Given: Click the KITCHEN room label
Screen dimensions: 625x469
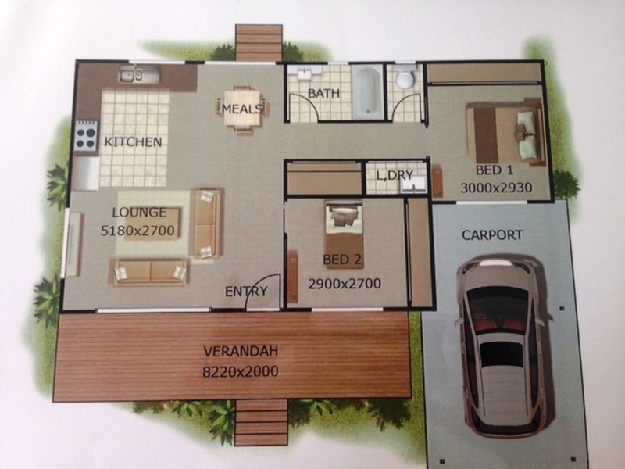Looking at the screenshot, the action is (x=133, y=142).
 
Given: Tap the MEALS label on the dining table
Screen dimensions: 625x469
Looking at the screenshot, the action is (x=242, y=109).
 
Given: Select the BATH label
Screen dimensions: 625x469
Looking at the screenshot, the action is (x=323, y=93).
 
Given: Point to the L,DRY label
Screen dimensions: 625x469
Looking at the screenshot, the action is (x=395, y=174).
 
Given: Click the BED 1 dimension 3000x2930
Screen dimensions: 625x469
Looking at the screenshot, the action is (x=496, y=188).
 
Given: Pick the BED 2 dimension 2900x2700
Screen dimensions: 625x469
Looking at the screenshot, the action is (x=345, y=284).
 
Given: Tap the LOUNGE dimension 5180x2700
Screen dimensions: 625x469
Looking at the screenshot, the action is (x=137, y=231).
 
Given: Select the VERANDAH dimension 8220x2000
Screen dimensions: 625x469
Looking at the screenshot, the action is (x=241, y=372).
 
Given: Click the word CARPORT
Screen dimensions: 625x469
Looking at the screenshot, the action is (x=492, y=235).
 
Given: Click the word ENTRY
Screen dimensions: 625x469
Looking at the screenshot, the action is (x=246, y=292).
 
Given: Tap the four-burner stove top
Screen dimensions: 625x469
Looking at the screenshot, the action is (x=86, y=135).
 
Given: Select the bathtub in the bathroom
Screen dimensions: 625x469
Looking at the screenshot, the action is (x=367, y=92).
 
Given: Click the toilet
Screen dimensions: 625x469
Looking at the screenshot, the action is (x=405, y=77).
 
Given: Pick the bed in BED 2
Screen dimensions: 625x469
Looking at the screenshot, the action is (x=345, y=229).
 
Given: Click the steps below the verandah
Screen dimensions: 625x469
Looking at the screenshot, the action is (x=261, y=423).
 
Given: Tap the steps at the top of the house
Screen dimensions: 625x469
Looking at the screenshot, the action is (x=259, y=43).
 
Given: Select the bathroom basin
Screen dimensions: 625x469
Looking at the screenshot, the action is (x=305, y=73).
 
